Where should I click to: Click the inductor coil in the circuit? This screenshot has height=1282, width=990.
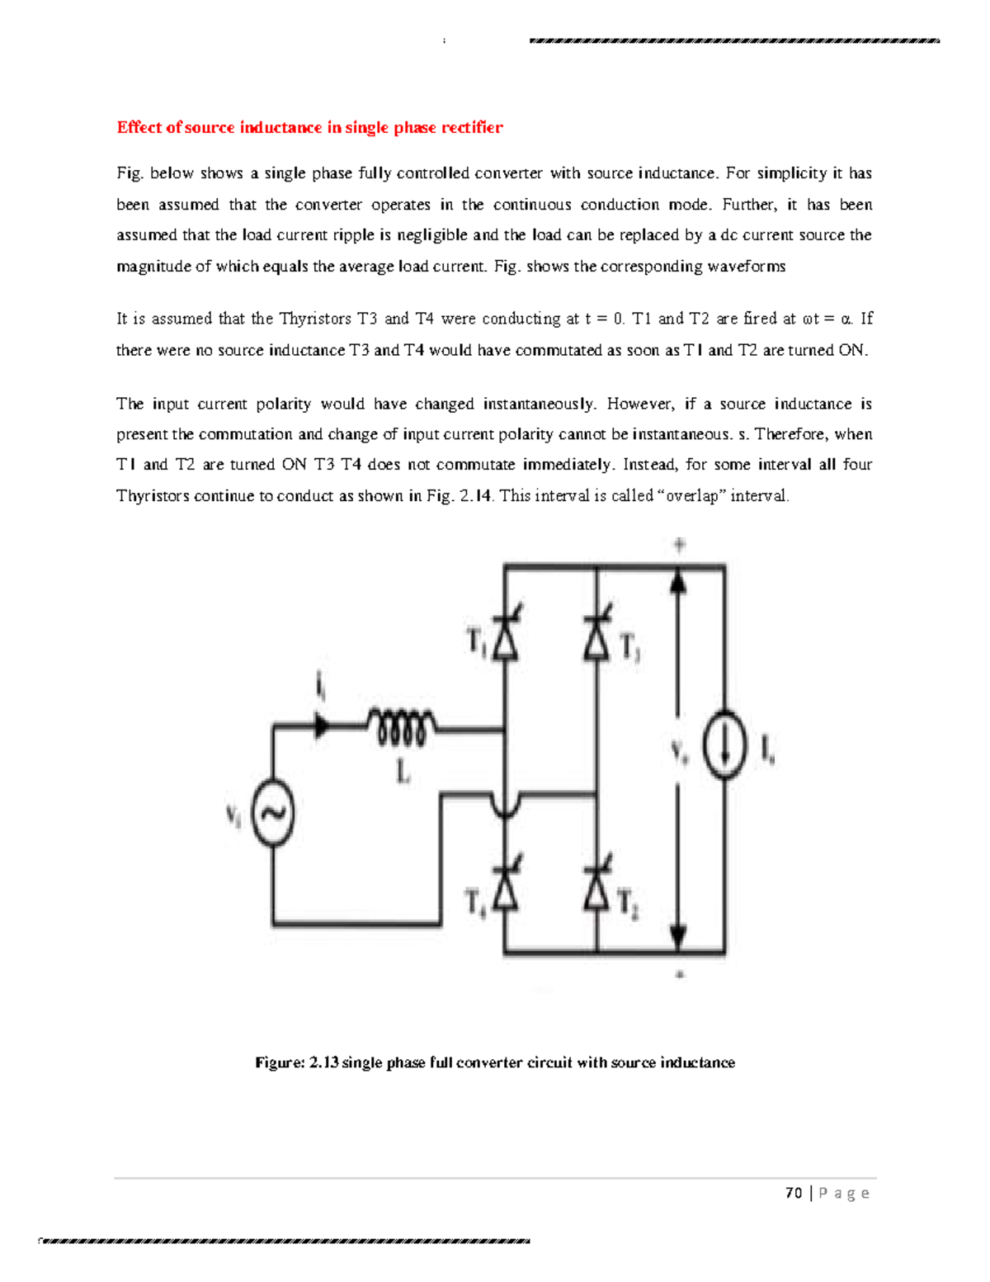coord(402,727)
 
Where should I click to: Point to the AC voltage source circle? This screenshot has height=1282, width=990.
coord(272,813)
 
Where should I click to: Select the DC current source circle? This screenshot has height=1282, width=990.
coord(724,745)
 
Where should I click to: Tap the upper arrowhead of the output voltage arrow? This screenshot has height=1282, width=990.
coord(678,581)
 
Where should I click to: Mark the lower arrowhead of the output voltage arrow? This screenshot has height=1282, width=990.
coord(678,937)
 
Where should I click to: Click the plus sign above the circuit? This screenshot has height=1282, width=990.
coord(679,545)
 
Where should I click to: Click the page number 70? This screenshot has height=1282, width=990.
coord(794,1193)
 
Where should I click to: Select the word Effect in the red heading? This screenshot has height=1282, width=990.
coord(139,127)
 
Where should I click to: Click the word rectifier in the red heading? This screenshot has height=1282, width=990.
coord(471,127)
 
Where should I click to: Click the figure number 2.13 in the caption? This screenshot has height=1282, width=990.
coord(323,1062)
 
